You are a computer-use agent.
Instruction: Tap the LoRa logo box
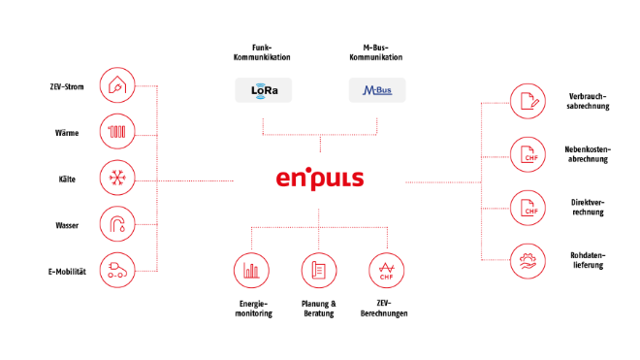[264, 91]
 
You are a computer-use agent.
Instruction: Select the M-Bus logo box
[377, 91]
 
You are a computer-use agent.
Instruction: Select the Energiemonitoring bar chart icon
[252, 271]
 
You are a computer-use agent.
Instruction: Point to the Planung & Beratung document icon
[319, 271]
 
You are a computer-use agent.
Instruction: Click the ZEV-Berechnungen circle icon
[387, 271]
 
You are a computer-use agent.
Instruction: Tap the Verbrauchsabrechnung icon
[528, 102]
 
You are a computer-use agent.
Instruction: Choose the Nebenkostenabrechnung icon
[528, 153]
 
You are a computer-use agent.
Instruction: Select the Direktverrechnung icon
[528, 206]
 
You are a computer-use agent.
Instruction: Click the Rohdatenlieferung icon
[528, 257]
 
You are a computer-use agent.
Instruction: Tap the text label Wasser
[67, 225]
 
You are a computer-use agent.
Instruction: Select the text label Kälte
[67, 180]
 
